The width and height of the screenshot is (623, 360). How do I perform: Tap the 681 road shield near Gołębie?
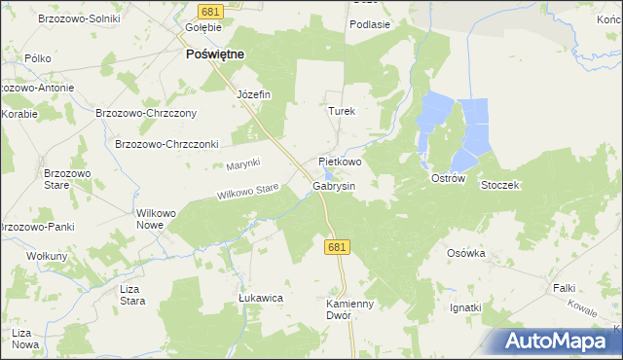[x=211, y=11]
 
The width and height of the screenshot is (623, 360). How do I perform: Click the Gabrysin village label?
[x=334, y=186]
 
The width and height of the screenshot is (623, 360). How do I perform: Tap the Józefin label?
[x=253, y=94]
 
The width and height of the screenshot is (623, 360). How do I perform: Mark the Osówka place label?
[x=465, y=253]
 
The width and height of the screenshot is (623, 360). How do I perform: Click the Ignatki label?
[x=465, y=308]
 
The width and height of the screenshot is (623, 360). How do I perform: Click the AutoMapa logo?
[x=559, y=342]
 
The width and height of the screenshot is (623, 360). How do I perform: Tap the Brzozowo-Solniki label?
[x=77, y=18]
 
